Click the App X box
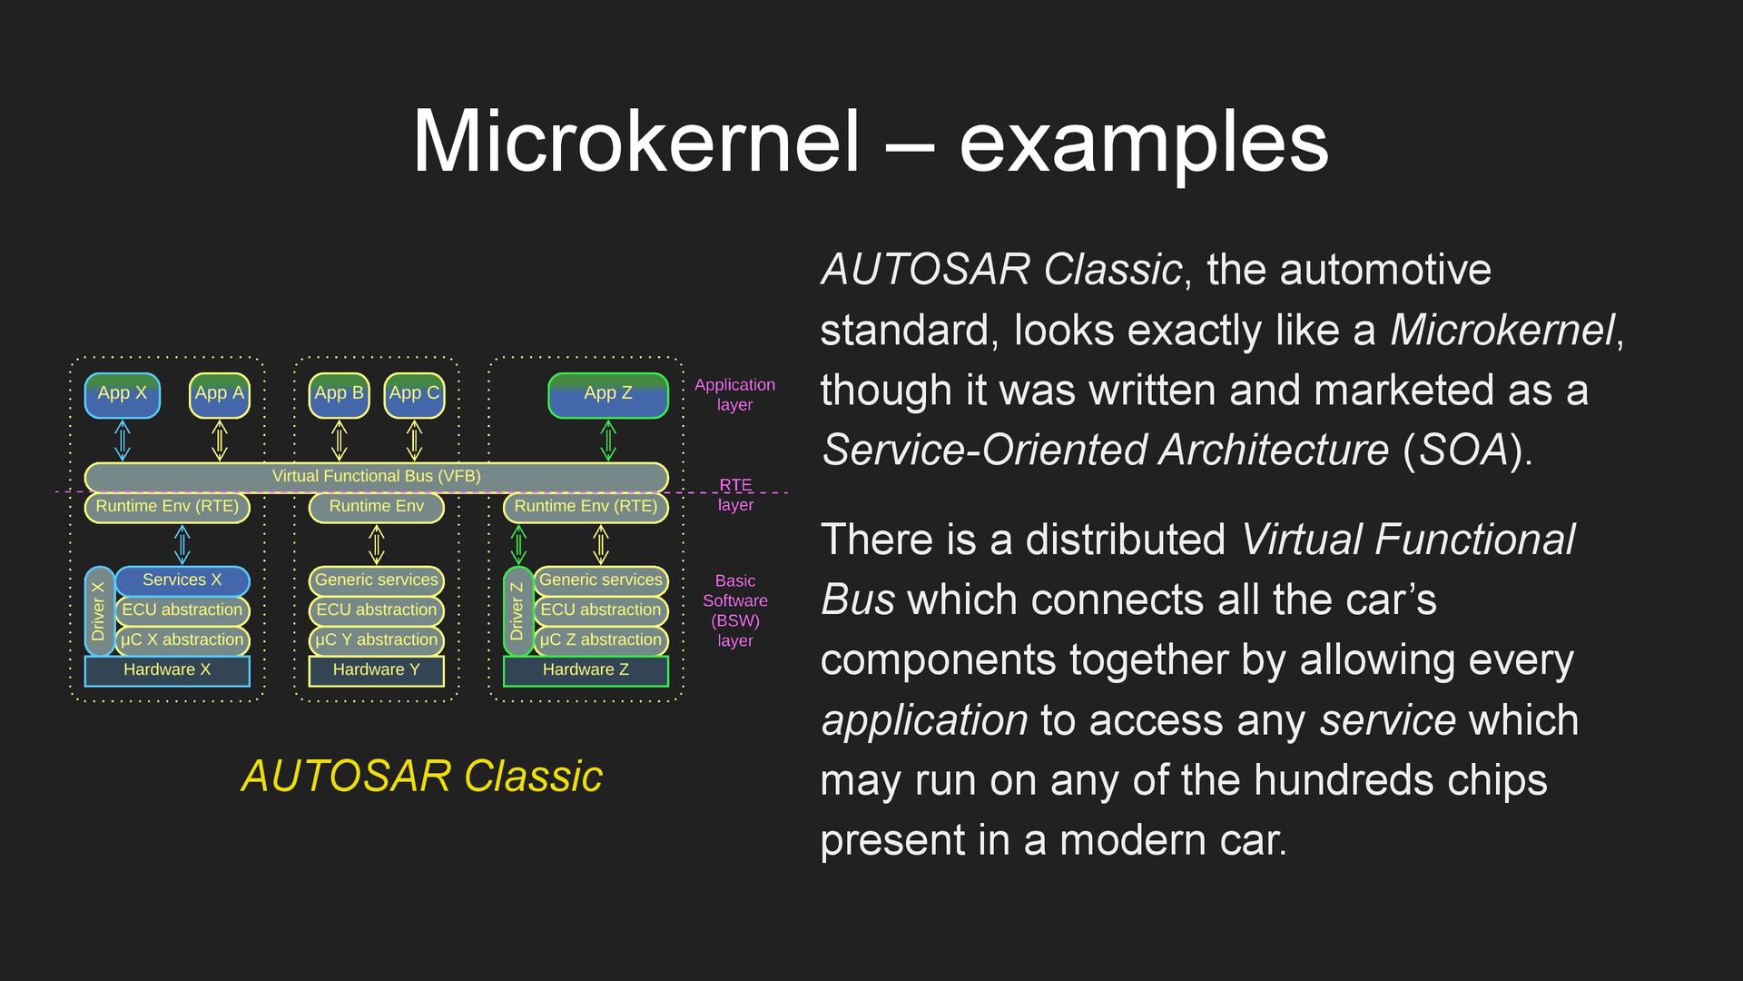click(x=122, y=395)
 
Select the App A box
click(x=219, y=395)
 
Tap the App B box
click(x=339, y=395)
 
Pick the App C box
click(x=414, y=395)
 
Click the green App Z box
click(x=607, y=395)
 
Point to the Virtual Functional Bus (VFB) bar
click(x=376, y=476)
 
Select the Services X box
click(x=182, y=580)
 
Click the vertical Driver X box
click(x=99, y=611)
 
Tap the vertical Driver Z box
click(x=517, y=611)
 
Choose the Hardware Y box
click(x=376, y=670)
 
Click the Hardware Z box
click(x=586, y=670)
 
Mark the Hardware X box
click(x=167, y=670)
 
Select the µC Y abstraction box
click(x=376, y=639)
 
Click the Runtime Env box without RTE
click(x=376, y=506)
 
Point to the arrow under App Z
click(x=608, y=441)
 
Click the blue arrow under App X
click(x=123, y=441)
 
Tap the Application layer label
click(x=734, y=394)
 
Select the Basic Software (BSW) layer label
click(x=734, y=610)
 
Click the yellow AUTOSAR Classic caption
click(x=421, y=777)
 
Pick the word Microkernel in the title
click(x=635, y=142)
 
